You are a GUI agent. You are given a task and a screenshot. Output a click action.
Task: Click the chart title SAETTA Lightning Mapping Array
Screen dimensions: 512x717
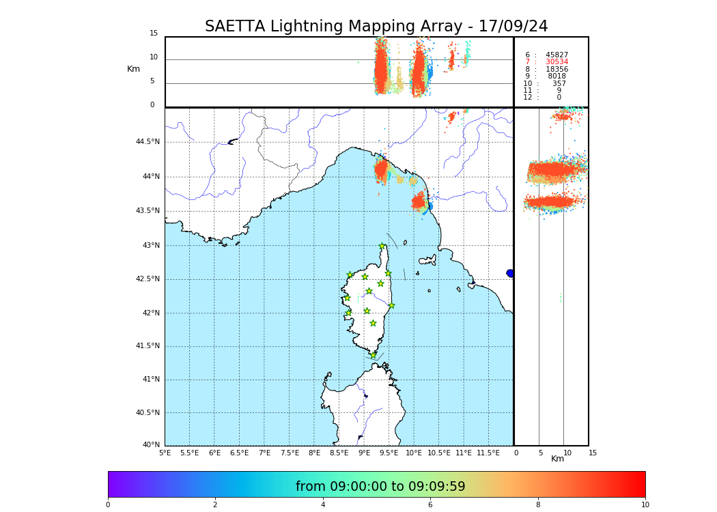click(376, 27)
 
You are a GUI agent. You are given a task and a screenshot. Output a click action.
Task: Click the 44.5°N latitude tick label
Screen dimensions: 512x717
click(147, 142)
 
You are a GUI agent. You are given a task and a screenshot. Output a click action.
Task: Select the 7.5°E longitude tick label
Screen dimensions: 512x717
click(290, 453)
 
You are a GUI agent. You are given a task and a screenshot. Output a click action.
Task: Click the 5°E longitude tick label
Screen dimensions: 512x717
click(165, 453)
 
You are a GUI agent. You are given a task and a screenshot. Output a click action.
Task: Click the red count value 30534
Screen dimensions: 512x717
click(557, 62)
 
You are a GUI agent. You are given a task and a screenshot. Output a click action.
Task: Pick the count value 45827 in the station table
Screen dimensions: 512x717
click(557, 55)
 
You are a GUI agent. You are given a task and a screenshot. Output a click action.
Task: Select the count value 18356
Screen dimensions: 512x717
click(557, 70)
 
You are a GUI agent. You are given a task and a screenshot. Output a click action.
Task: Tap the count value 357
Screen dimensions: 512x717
click(559, 84)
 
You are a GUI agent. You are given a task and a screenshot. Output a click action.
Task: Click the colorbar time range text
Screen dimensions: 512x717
click(380, 487)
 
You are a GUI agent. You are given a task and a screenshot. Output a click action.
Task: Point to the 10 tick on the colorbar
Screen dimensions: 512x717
click(645, 505)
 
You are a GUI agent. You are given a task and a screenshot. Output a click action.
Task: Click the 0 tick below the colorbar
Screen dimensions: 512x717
click(108, 505)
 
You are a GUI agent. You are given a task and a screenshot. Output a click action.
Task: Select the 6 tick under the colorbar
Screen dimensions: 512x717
click(430, 505)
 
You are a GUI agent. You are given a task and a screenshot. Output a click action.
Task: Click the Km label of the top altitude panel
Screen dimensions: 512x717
click(133, 69)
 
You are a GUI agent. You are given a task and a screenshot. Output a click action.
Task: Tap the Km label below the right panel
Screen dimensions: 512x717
click(557, 459)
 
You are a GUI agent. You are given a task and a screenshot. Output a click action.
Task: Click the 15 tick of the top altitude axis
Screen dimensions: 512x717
click(154, 33)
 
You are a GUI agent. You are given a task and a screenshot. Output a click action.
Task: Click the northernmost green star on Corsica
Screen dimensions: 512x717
click(382, 246)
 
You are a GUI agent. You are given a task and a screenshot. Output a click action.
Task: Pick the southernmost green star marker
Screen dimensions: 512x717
click(373, 355)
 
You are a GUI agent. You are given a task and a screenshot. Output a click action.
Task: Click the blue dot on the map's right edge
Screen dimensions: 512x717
click(510, 273)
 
